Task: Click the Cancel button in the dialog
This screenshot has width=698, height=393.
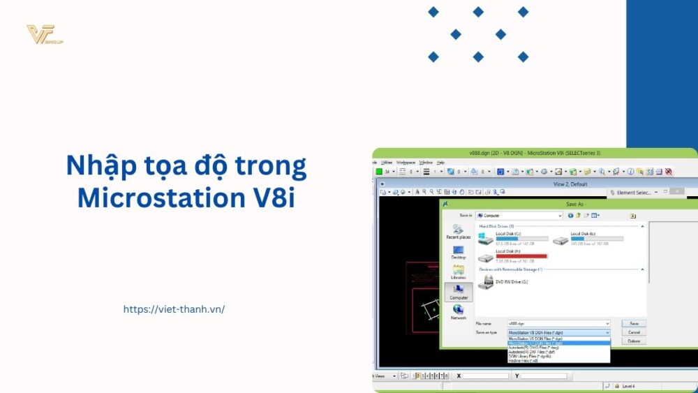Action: click(634, 332)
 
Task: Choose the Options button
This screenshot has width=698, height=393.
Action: click(634, 341)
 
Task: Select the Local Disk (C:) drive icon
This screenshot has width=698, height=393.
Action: click(486, 239)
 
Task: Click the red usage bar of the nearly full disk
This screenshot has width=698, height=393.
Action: click(521, 256)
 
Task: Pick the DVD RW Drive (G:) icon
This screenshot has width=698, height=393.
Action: click(486, 282)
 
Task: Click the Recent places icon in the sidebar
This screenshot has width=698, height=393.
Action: click(458, 231)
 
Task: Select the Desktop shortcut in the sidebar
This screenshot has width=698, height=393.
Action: click(458, 252)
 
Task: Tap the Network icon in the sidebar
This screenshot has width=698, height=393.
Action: click(458, 311)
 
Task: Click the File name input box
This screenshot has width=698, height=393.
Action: click(558, 324)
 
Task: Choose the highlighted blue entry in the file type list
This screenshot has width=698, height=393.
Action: click(558, 343)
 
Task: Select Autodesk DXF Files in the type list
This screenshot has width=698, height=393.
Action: click(537, 352)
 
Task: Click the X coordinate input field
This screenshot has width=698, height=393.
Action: click(486, 376)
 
